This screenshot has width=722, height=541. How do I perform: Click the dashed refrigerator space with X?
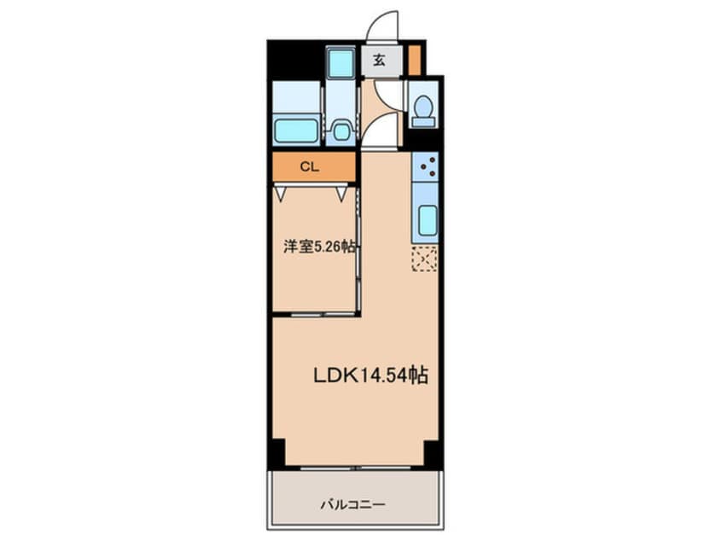(x=424, y=259)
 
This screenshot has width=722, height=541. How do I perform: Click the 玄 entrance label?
(x=378, y=61)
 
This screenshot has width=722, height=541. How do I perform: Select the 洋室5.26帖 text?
(x=320, y=247)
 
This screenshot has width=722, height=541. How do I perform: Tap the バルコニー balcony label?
(x=355, y=503)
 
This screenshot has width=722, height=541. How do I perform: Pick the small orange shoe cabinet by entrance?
(x=414, y=60)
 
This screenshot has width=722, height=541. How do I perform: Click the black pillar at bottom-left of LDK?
(x=276, y=453)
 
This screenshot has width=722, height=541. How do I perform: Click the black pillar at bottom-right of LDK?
(x=433, y=453)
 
